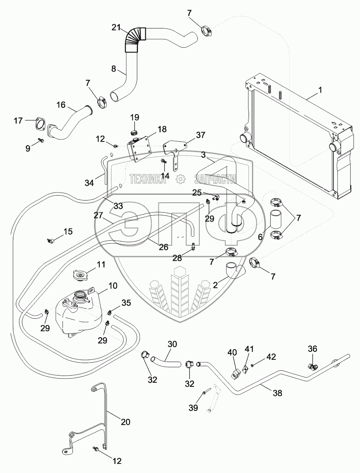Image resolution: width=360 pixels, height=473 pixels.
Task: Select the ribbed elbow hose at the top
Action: click(x=135, y=39)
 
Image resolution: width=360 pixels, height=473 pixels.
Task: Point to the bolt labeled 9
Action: click(x=41, y=141)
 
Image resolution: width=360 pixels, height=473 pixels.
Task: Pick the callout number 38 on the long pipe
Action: click(x=277, y=393)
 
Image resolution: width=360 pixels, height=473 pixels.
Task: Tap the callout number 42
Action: click(x=271, y=357)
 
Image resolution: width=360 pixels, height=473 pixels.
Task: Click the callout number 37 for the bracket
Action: click(x=200, y=135)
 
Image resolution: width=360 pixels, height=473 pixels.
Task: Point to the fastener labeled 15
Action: click(x=51, y=240)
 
